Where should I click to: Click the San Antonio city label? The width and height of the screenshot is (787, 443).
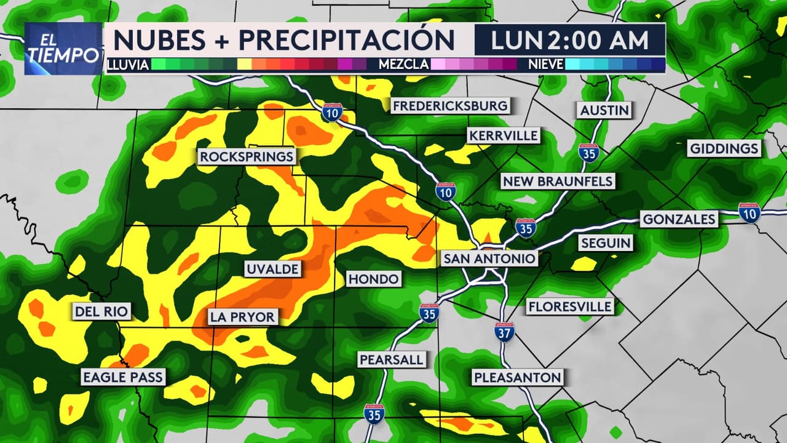coord(489,258)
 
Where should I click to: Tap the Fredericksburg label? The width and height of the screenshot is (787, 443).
coord(450,106)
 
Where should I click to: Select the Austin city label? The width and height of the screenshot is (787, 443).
coord(604,110)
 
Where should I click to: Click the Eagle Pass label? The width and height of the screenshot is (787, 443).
coord(124,377)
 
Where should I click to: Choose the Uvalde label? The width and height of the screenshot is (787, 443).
coord(272,269)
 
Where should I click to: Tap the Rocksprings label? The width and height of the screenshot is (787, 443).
coord(247,157)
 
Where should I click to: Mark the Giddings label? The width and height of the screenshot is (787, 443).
coord(724,148)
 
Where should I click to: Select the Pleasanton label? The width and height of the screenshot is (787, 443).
coord(517,377)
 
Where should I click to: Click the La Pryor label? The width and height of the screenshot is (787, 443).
coord(243,317)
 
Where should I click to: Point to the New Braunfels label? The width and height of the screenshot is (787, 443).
coord(558,181)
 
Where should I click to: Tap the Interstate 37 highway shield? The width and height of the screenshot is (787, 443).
coord(504,332)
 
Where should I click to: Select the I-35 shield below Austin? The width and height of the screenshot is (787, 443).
coord(588,153)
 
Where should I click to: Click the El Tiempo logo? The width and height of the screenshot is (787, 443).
coord(63,49)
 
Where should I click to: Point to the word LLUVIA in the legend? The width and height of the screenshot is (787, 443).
coord(128,64)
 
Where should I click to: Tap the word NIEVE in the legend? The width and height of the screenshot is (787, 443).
coord(546,64)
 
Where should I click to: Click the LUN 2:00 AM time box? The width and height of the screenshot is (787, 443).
coord(570,40)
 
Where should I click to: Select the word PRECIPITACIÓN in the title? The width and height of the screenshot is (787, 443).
coord(347,40)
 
